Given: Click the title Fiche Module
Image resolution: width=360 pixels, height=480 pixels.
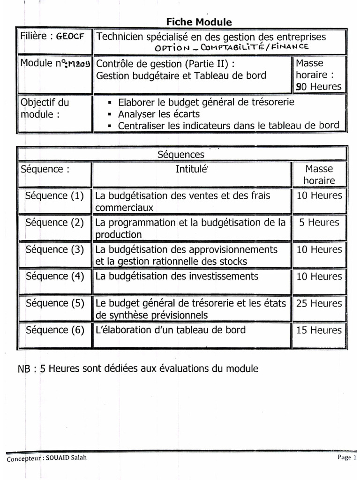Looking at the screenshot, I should tap(199, 22).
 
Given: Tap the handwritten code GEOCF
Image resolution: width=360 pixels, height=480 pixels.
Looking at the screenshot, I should tap(70, 37).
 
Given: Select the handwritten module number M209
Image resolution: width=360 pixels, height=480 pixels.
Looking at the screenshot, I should tap(81, 63).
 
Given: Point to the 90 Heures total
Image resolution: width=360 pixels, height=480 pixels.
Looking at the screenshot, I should tap(319, 86).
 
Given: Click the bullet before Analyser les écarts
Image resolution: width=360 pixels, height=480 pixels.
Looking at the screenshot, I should tap(110, 114).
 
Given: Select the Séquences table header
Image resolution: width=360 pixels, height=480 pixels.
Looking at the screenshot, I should tap(180, 154).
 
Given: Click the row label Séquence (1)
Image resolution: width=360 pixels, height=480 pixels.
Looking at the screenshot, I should tap(54, 196).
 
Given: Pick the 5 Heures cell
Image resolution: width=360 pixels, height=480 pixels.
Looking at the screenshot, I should tap(319, 222).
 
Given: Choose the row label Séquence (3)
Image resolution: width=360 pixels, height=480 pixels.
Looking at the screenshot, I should tap(54, 249).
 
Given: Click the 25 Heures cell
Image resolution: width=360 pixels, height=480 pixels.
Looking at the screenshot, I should tap(319, 303).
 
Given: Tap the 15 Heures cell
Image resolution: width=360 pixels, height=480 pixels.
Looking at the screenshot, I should tap(319, 330).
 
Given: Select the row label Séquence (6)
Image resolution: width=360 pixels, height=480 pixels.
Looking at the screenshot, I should tap(54, 330).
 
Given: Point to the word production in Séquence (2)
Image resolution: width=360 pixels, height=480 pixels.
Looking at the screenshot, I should tap(118, 234).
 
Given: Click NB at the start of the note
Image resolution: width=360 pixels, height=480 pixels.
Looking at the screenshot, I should tap(24, 369).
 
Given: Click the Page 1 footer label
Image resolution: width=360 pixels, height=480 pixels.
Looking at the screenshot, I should tap(347, 457).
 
